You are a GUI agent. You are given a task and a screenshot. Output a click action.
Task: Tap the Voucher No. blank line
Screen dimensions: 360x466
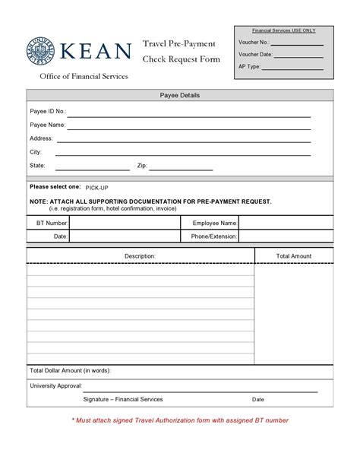point(297,44)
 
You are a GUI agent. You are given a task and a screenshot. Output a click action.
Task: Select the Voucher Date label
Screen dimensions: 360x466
point(254,55)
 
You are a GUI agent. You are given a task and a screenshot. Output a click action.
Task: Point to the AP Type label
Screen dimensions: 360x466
point(249,66)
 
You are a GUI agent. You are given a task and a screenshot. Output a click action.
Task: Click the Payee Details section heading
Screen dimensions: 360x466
point(180,95)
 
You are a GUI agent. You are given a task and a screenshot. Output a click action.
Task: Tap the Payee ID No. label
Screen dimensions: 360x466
point(48,111)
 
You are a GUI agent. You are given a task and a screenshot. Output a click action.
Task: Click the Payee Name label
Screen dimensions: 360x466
point(47,125)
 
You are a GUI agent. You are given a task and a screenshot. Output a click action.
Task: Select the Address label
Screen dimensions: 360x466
point(41,138)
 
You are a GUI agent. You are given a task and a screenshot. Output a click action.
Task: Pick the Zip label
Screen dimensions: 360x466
point(142,165)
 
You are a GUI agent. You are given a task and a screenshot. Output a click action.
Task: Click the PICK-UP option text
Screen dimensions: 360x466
point(96,187)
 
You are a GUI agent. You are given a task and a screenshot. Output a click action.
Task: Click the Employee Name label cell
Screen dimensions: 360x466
point(214,223)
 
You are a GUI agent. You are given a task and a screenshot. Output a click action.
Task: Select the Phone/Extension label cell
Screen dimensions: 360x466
point(214,236)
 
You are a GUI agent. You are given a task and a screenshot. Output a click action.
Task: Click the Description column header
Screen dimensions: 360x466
point(140,256)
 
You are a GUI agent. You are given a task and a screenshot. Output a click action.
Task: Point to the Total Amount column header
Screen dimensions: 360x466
point(293,256)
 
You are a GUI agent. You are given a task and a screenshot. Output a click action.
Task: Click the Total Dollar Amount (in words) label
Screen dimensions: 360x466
point(70,370)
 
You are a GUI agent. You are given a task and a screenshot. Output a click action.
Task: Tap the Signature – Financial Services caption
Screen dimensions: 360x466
point(123,399)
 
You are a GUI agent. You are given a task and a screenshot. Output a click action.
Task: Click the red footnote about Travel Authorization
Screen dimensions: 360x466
point(180,420)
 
